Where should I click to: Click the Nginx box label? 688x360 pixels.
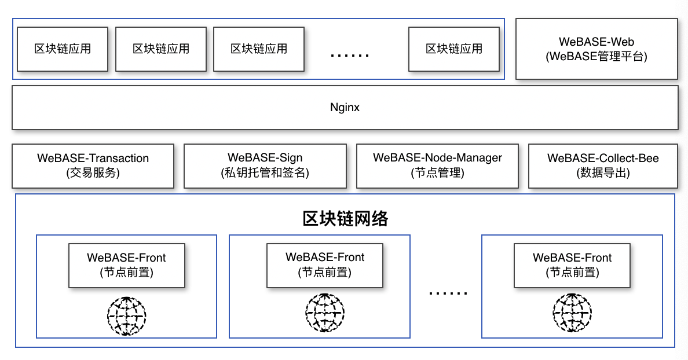345,108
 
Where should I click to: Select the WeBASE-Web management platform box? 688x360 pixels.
596,49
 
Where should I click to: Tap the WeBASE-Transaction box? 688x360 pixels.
93,166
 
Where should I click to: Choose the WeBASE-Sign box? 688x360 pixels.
265,166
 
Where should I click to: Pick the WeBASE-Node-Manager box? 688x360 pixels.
437,166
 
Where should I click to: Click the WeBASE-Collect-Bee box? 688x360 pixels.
603,166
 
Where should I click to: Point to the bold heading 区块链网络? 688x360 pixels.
345,218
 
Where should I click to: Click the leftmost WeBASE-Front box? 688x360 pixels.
127,266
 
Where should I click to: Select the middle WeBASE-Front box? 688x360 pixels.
325,266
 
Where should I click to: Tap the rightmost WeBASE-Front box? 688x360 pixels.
572,266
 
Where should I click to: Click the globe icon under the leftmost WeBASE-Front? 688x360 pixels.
127,316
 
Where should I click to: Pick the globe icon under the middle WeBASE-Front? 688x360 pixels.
325,313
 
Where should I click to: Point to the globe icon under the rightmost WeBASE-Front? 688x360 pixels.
572,313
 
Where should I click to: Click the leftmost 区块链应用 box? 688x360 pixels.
63,49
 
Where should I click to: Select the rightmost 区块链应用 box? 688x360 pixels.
454,49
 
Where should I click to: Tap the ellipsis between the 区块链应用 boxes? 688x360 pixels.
350,56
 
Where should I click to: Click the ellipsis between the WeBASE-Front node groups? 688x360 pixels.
448,293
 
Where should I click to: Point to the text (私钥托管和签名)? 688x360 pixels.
265,172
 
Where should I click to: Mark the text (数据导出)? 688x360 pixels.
603,172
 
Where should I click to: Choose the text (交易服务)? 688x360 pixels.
93,172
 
